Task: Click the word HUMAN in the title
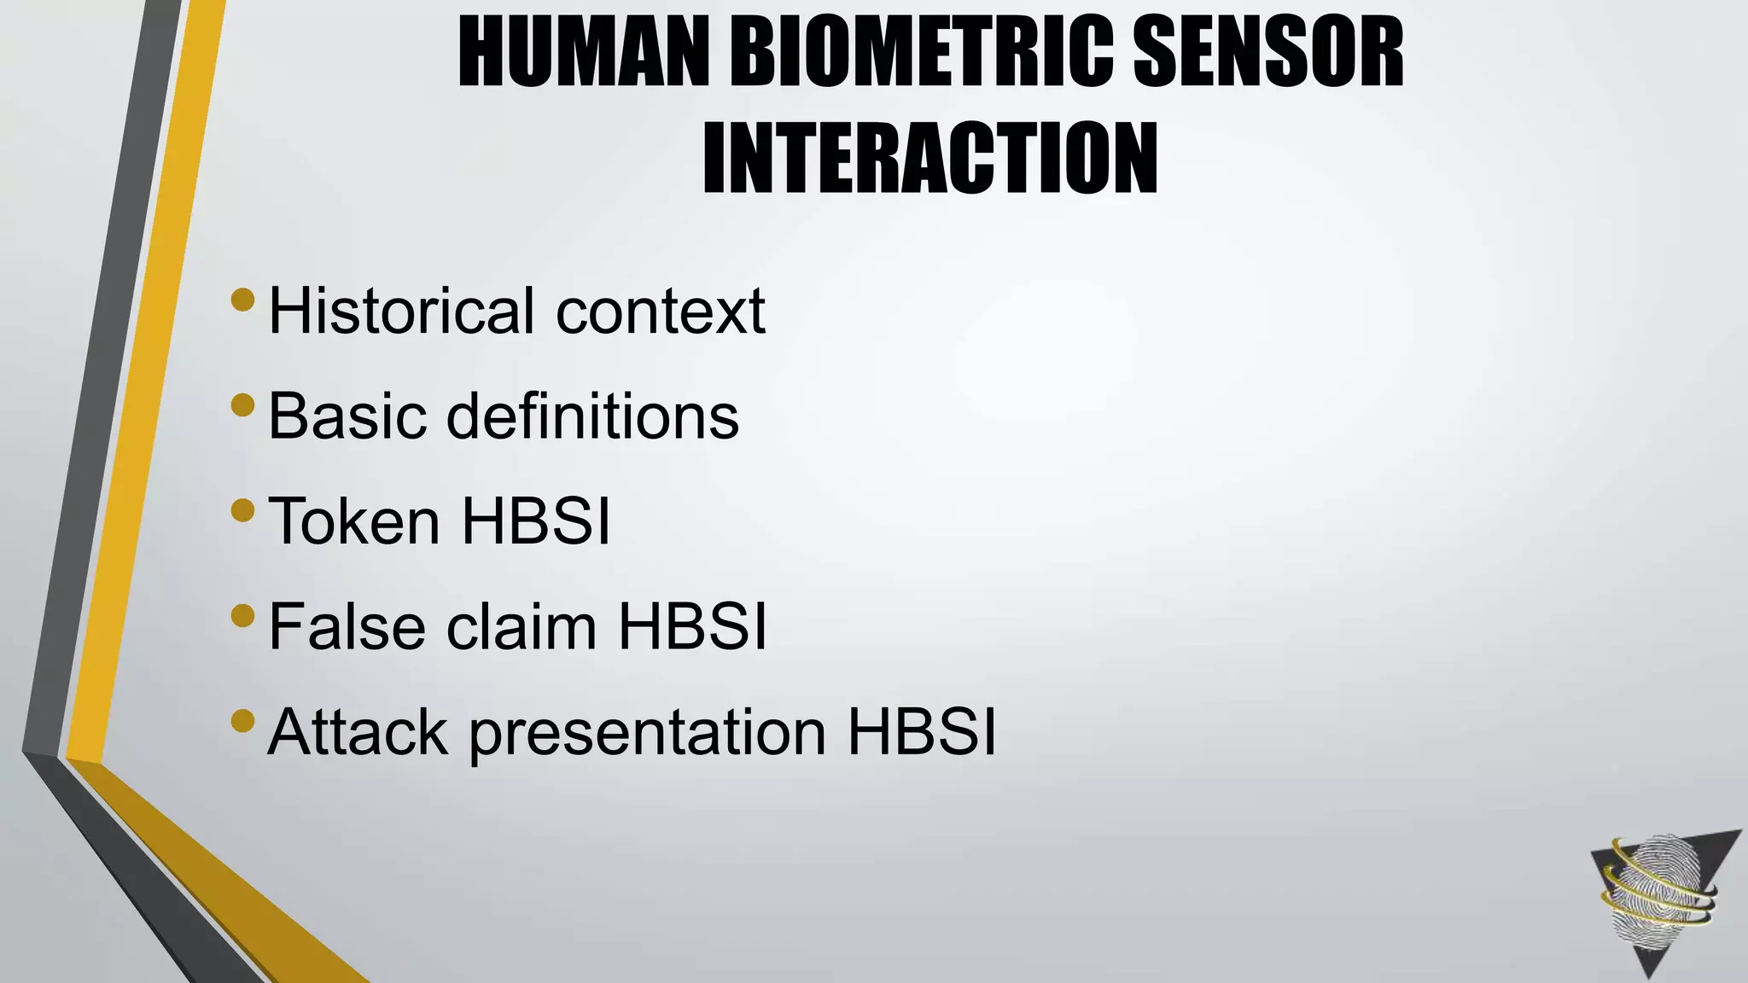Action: [x=584, y=55]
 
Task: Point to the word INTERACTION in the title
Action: [x=930, y=160]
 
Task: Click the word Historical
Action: [x=402, y=311]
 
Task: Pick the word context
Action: [x=661, y=312]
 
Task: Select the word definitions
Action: [x=592, y=416]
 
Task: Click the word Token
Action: [x=354, y=521]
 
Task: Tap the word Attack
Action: [x=358, y=732]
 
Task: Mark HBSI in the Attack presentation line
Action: [x=922, y=732]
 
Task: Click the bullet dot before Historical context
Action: [x=242, y=300]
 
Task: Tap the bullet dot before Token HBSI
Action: [x=242, y=510]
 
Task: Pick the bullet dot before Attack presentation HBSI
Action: [x=242, y=721]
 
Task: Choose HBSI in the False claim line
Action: [x=692, y=626]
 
